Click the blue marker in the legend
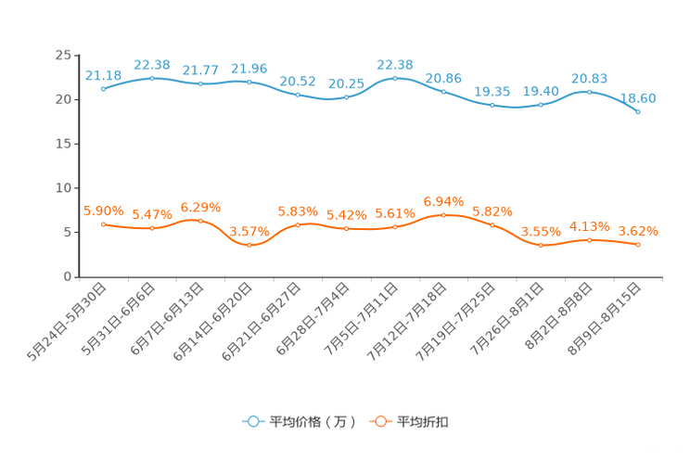pyautogui.click(x=252, y=421)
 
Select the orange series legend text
pyautogui.click(x=423, y=422)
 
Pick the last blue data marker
pyautogui.click(x=638, y=111)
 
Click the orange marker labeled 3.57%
pyautogui.click(x=249, y=246)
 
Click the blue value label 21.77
pyautogui.click(x=200, y=70)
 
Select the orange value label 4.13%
pyautogui.click(x=589, y=225)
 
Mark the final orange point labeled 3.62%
pyautogui.click(x=638, y=245)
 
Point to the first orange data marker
pyautogui.click(x=104, y=224)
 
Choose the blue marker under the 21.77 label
pyautogui.click(x=200, y=83)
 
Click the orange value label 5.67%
pyautogui.click(x=151, y=214)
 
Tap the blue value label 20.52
pyautogui.click(x=298, y=80)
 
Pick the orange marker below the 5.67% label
pyautogui.click(x=151, y=227)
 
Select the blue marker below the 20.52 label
pyautogui.click(x=298, y=94)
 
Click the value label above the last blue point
pyautogui.click(x=638, y=96)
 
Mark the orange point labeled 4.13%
pyautogui.click(x=589, y=240)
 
